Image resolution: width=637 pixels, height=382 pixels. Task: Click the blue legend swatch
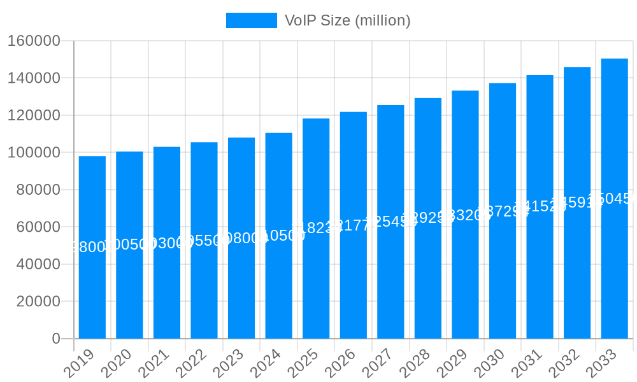[252, 20]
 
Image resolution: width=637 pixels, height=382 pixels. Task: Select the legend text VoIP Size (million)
[347, 20]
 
